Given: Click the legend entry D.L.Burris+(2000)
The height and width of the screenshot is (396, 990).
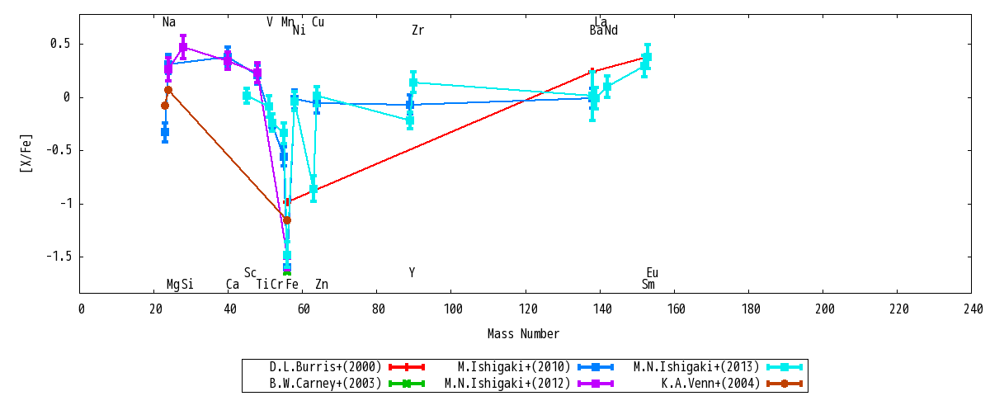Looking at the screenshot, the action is pyautogui.click(x=325, y=367).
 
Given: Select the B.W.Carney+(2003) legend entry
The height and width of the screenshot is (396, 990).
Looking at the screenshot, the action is pyautogui.click(x=325, y=383).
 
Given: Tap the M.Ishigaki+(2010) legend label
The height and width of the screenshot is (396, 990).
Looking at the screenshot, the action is pyautogui.click(x=514, y=367).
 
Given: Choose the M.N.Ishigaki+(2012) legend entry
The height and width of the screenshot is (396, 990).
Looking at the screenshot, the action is pyautogui.click(x=507, y=383).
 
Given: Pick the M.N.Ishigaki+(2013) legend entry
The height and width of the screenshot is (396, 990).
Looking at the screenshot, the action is pyautogui.click(x=696, y=367).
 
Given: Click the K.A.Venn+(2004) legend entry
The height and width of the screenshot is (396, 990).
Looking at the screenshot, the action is pyautogui.click(x=710, y=383).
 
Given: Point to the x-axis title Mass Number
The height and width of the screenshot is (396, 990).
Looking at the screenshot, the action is pyautogui.click(x=523, y=333).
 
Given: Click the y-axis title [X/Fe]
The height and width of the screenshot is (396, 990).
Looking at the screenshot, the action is pyautogui.click(x=26, y=153).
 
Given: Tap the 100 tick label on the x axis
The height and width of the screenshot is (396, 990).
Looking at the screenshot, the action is pyautogui.click(x=453, y=309).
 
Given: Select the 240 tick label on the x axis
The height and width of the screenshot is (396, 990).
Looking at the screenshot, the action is pyautogui.click(x=973, y=309).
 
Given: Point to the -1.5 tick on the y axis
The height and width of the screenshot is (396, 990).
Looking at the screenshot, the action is pyautogui.click(x=59, y=257).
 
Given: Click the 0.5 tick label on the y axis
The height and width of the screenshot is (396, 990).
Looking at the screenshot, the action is pyautogui.click(x=60, y=44).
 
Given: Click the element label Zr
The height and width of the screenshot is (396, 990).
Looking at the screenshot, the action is pyautogui.click(x=417, y=30).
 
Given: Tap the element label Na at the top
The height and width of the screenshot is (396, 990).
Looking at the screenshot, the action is pyautogui.click(x=169, y=22).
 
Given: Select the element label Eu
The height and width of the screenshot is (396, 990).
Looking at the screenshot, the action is pyautogui.click(x=653, y=273).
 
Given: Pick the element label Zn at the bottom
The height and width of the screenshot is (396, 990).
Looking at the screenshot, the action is pyautogui.click(x=322, y=284).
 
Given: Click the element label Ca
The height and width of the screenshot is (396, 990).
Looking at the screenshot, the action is pyautogui.click(x=233, y=284).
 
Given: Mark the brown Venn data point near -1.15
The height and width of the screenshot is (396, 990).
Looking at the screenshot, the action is pyautogui.click(x=287, y=220).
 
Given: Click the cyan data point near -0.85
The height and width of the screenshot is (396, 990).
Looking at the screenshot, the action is pyautogui.click(x=313, y=189).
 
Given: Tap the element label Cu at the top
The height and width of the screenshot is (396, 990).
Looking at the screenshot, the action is pyautogui.click(x=318, y=22).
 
